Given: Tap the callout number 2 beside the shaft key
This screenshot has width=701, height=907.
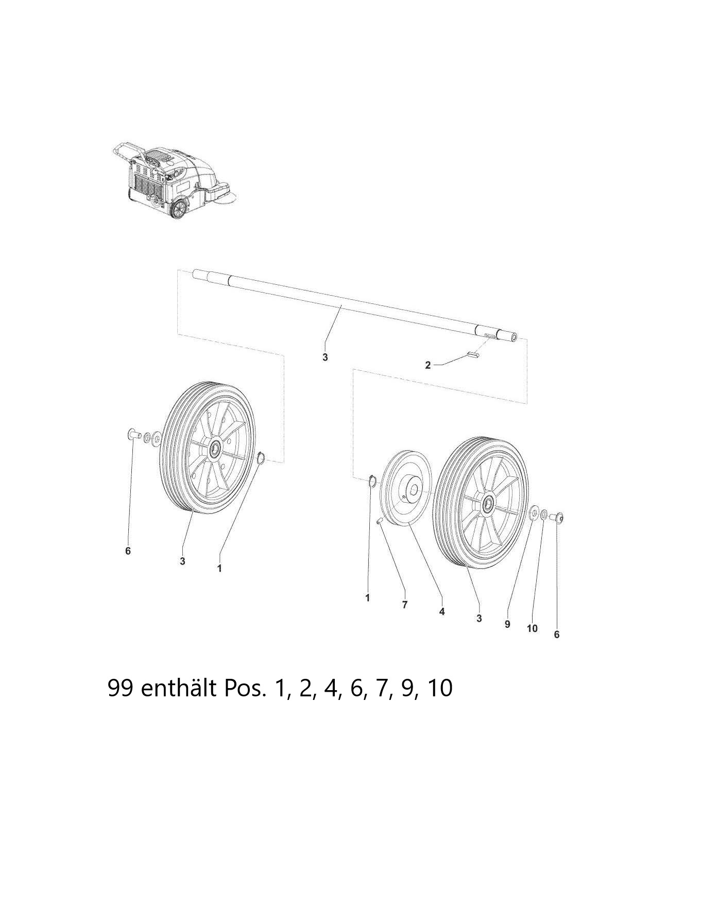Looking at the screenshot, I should coord(428,365).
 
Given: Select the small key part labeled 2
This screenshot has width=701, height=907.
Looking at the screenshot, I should coord(473,354).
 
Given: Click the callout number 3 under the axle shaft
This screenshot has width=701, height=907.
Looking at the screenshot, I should coord(325,357).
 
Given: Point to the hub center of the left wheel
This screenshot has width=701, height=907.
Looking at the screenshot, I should coord(213,448).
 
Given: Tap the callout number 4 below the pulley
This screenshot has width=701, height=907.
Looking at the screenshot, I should coord(442,611).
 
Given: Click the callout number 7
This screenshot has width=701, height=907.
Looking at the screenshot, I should coord(405,605).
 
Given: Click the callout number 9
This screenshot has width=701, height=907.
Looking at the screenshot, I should coord(507,624).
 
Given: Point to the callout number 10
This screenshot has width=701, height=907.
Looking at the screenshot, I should coord(532,628).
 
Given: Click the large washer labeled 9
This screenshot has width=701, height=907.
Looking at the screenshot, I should coord(534,512).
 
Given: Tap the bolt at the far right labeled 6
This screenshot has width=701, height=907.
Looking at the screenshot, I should coord(558,517).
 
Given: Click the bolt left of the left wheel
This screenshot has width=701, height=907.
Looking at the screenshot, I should coord(133,435).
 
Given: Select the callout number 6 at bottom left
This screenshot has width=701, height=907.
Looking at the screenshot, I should coord(128,551).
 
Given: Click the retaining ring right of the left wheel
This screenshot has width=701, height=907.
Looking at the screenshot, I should coord(261,458).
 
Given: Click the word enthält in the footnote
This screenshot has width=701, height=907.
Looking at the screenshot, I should coord(179,688).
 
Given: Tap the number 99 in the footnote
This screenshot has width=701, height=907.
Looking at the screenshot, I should coord(121,688).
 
